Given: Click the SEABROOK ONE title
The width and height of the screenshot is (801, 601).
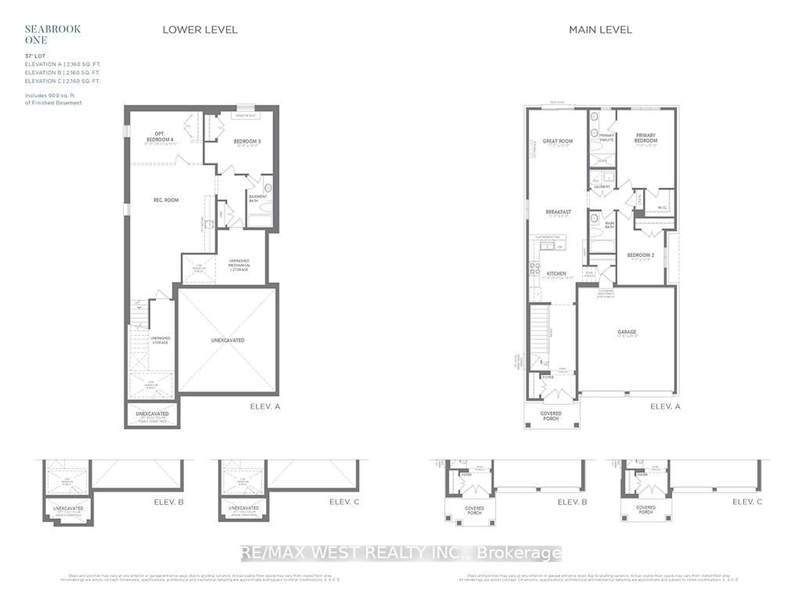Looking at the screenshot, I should [x=53, y=34].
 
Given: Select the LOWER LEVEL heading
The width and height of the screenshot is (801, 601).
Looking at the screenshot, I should [x=200, y=30].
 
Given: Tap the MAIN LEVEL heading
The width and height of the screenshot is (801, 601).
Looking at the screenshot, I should [x=600, y=30].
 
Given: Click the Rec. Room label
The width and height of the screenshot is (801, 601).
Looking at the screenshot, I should [x=166, y=200].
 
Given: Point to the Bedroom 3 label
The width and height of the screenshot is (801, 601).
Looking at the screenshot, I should [x=247, y=141].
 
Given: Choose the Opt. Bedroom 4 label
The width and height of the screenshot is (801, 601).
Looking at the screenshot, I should [x=160, y=137].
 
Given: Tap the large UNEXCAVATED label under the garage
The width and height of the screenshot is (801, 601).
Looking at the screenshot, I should [x=227, y=340].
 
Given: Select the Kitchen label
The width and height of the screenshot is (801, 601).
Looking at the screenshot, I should [x=556, y=274].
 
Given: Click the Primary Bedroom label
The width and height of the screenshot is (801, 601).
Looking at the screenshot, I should [x=645, y=138].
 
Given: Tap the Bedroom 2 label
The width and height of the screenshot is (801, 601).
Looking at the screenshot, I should [x=640, y=255].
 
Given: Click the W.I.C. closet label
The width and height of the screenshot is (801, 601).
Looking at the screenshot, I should [x=662, y=208].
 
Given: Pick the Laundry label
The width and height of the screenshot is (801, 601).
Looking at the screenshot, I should [x=602, y=187].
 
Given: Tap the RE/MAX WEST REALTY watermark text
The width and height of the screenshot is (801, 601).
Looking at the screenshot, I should [x=401, y=553].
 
